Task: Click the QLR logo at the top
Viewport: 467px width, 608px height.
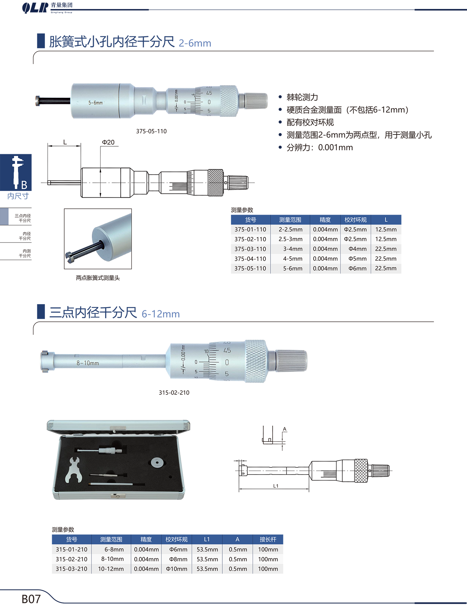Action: (35, 8)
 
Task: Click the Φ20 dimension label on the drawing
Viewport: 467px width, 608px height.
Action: (108, 142)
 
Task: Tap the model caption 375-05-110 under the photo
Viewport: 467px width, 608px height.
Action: (151, 131)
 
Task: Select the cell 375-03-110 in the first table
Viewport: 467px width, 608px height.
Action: (250, 249)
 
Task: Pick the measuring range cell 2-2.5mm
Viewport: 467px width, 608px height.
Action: (291, 229)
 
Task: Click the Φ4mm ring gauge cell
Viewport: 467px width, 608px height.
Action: (357, 249)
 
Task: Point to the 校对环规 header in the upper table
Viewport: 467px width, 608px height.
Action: (356, 220)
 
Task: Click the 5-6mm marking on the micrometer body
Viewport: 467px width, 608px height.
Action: (96, 103)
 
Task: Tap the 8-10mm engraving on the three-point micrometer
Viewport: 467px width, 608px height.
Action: (88, 363)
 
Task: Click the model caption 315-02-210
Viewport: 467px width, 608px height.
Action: (174, 393)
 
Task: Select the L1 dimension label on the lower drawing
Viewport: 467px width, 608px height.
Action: (276, 486)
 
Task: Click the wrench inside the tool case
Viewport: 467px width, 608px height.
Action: (74, 470)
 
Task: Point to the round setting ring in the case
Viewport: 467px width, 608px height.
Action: (157, 463)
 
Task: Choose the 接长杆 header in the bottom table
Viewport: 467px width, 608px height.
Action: (268, 539)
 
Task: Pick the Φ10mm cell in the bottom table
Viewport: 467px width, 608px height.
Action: (177, 569)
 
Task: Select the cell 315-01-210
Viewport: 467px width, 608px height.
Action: (71, 549)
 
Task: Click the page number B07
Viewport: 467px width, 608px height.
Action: (31, 599)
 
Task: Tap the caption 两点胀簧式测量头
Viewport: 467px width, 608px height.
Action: (98, 278)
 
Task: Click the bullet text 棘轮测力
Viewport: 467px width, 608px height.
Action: (302, 97)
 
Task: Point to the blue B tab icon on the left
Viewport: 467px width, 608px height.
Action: (16, 173)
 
